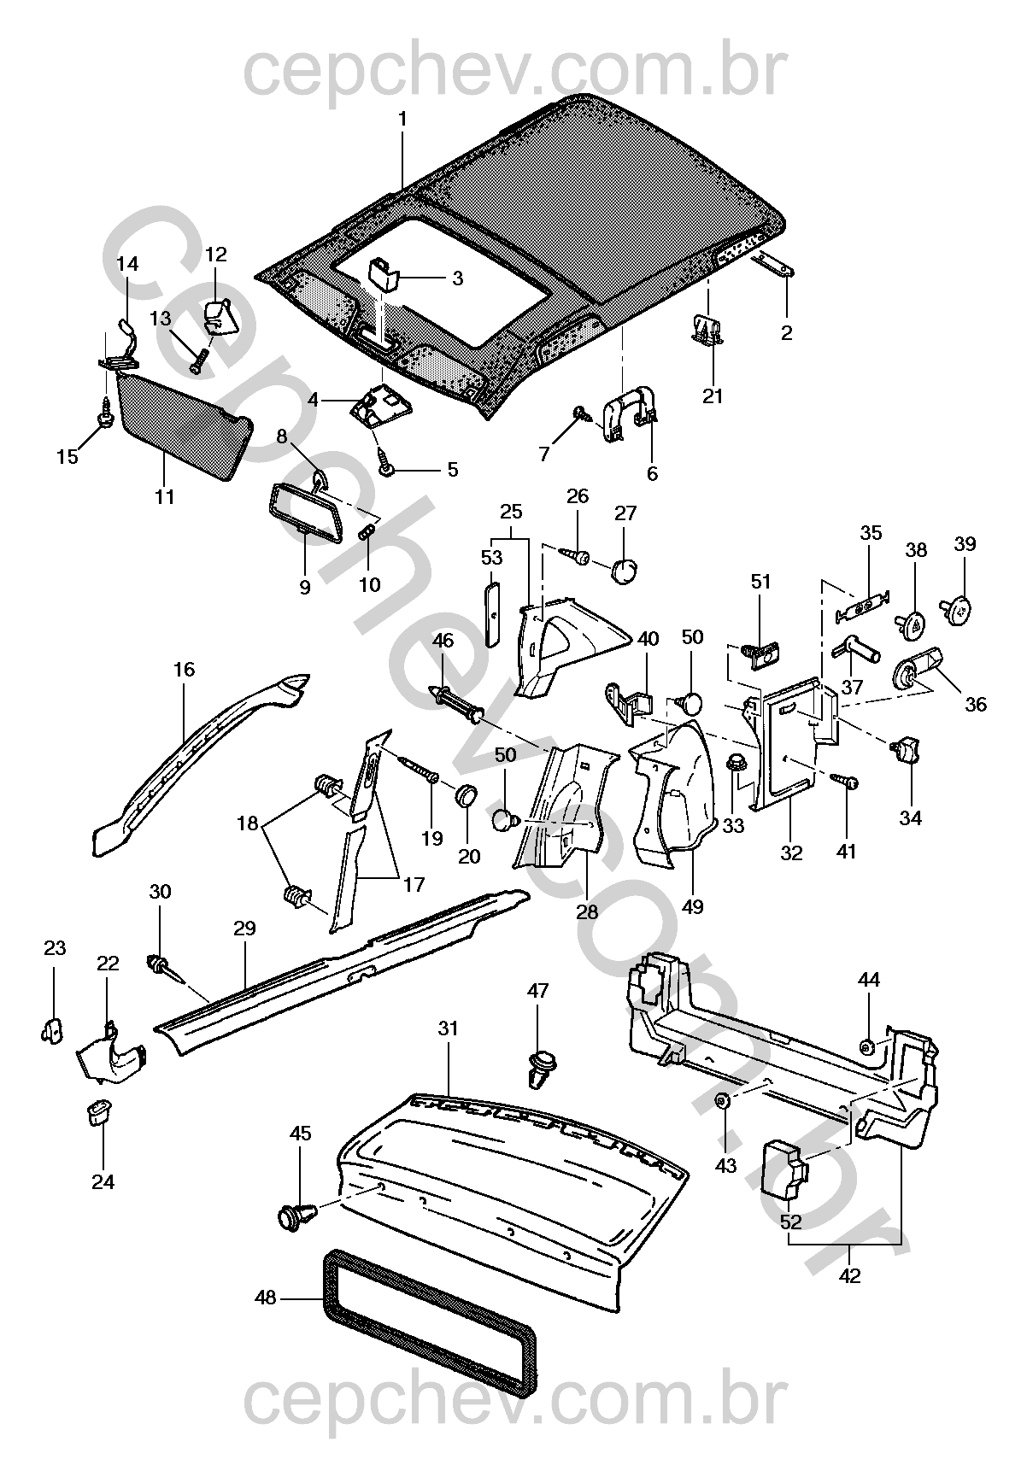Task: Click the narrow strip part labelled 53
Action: (493, 614)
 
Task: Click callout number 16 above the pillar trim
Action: (184, 669)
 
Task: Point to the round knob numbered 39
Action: (961, 610)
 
